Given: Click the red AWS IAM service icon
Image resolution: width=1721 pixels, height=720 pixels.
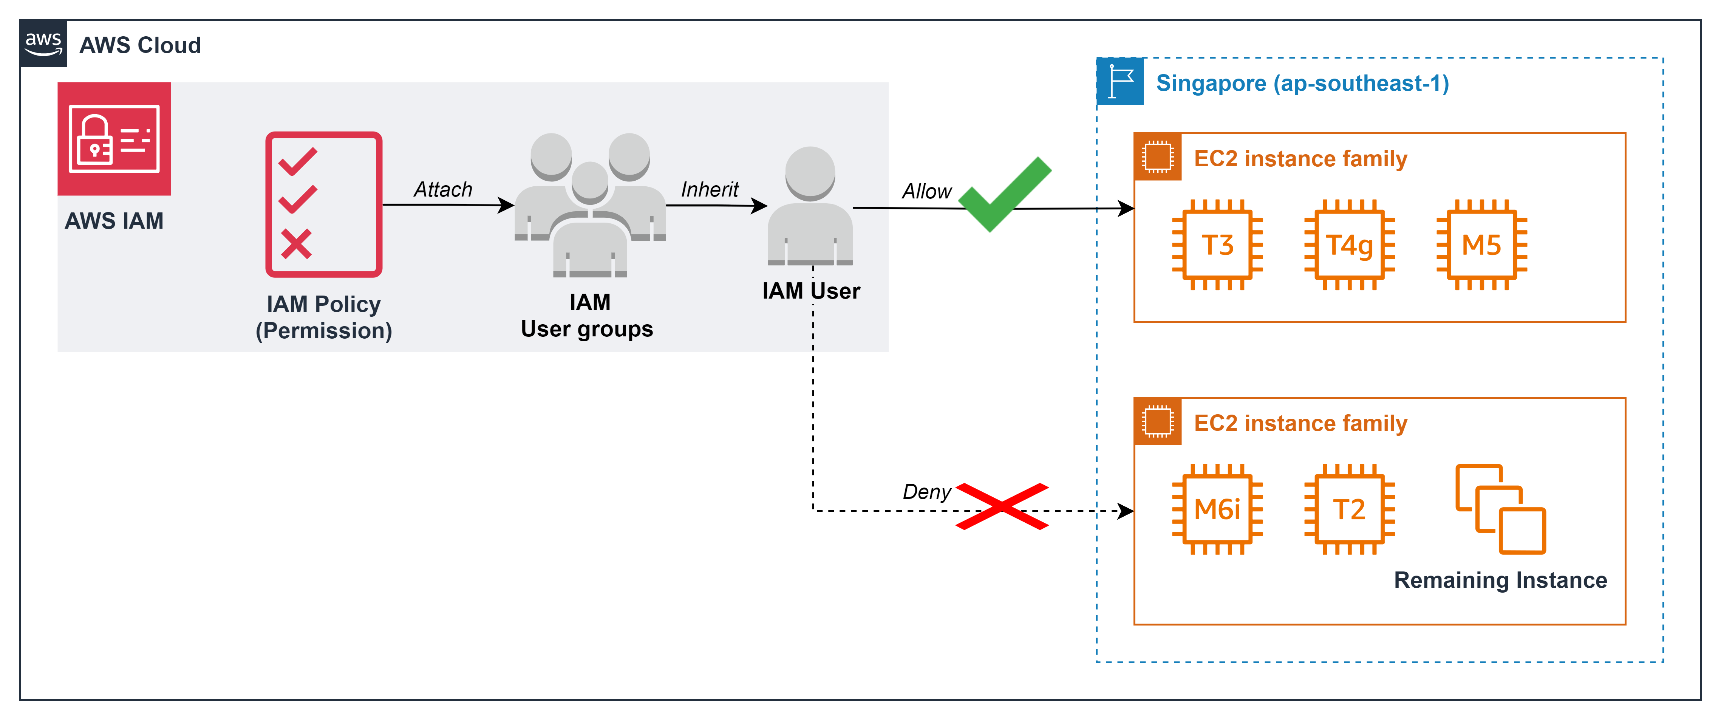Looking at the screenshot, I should coord(114,139).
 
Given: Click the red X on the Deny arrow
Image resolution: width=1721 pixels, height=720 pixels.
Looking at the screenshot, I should coord(1002,506).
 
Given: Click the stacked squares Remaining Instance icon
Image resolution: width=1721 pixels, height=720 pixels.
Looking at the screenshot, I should coord(1500,509).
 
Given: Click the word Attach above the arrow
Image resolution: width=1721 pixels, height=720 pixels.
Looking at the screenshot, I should coord(443,190).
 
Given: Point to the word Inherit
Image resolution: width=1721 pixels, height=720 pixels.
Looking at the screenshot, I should coord(710,190).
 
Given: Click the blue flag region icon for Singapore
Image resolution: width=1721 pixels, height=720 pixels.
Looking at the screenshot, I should coord(1120,82).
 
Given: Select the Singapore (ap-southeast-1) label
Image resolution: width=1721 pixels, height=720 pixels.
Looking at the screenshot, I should coord(1302,83).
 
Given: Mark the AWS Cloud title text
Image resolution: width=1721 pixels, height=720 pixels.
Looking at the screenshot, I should coord(140,45).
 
